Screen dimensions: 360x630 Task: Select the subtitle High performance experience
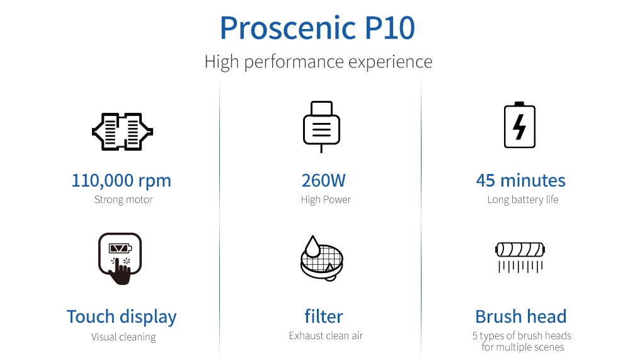point(318,62)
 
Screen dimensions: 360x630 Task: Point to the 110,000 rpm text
point(121,180)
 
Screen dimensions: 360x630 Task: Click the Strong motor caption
point(123,200)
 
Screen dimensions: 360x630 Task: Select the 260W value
point(323,180)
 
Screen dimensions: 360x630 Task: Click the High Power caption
point(326,200)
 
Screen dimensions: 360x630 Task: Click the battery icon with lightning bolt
point(520,125)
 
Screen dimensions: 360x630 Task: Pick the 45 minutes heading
point(520,180)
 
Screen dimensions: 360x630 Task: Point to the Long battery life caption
point(522,200)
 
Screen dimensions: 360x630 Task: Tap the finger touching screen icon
point(120,259)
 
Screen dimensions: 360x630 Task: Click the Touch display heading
point(122,316)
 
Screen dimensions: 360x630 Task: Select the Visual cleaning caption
point(123,337)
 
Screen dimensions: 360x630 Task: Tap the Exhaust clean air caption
point(326,335)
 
